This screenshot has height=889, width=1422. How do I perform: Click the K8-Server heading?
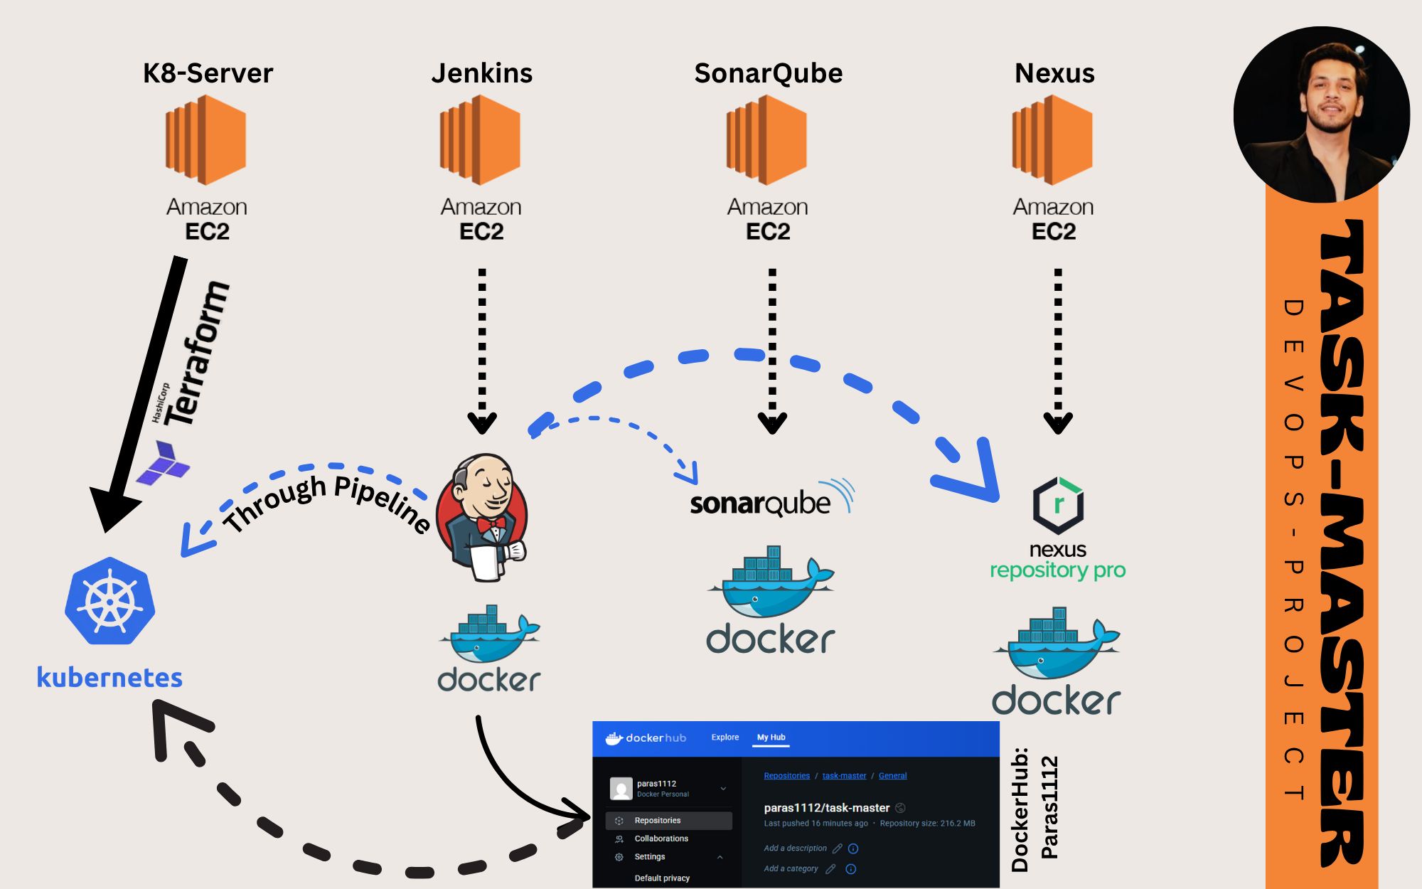click(208, 73)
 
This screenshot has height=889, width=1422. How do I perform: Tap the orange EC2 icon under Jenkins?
click(481, 140)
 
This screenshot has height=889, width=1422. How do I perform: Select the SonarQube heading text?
click(768, 73)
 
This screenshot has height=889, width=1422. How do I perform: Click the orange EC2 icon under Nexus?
click(1053, 140)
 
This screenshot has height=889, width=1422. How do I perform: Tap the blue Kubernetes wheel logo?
click(110, 602)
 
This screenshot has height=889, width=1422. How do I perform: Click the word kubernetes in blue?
click(109, 677)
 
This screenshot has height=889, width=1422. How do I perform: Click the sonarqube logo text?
click(760, 504)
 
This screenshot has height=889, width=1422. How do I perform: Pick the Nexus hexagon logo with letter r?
click(1058, 505)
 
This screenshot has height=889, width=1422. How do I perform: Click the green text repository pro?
click(1057, 570)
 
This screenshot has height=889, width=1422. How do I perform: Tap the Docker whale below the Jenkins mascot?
click(490, 634)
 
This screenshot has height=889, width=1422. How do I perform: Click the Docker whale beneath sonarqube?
click(771, 582)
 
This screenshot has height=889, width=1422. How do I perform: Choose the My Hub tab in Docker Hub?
click(771, 738)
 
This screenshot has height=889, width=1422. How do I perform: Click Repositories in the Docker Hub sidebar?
click(657, 821)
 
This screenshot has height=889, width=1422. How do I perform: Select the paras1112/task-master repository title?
click(826, 808)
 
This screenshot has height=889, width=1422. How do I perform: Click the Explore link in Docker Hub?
click(725, 738)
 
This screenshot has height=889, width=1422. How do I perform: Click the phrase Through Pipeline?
click(327, 502)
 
